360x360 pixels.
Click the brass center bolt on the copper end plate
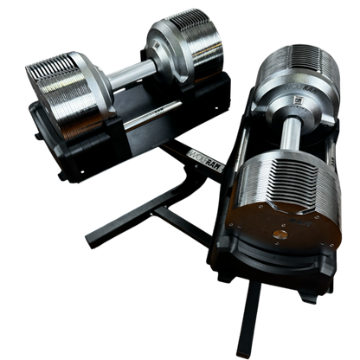pyautogui.click(x=280, y=233)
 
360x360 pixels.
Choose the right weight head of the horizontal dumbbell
pyautogui.click(x=186, y=39)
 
